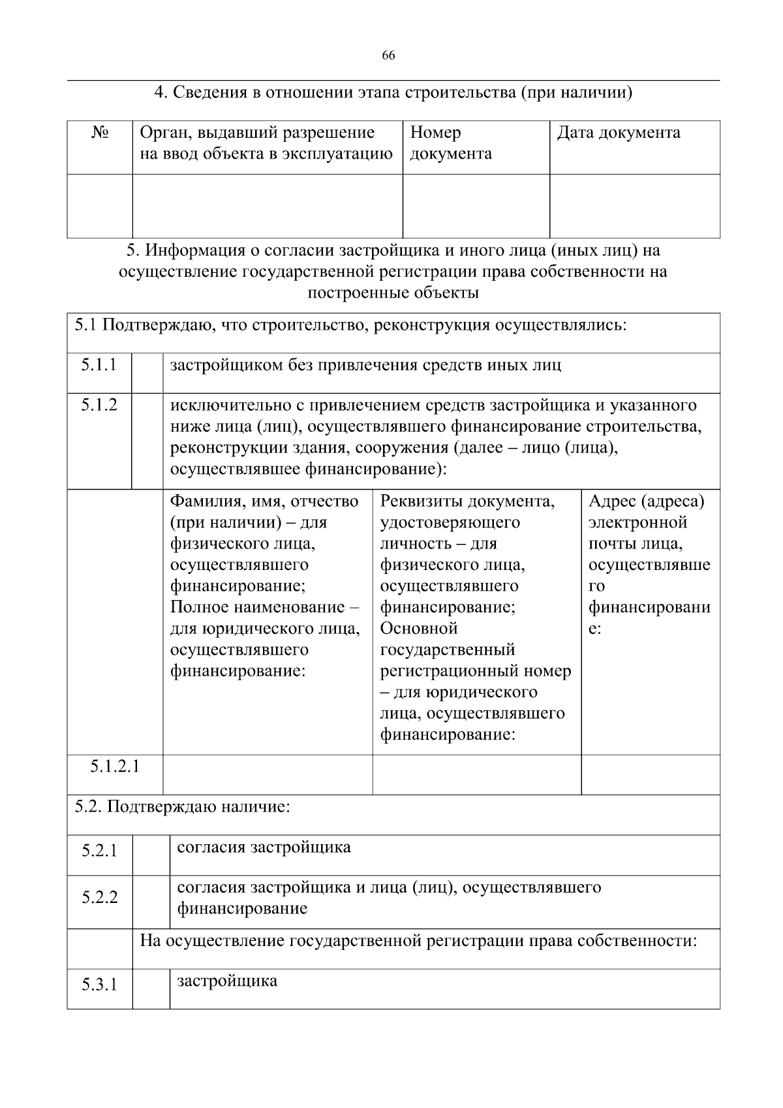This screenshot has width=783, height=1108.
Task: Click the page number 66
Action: (388, 55)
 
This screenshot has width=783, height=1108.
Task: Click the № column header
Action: (100, 133)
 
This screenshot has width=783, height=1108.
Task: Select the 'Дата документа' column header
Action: (618, 133)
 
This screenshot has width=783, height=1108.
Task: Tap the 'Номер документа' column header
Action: (450, 143)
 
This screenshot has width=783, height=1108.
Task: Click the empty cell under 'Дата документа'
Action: (634, 206)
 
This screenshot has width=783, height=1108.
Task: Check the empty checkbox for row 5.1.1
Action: (147, 373)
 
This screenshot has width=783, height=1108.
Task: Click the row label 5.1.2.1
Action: (115, 765)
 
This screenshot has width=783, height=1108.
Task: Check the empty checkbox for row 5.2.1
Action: (151, 855)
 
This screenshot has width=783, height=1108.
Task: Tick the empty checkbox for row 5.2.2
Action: (151, 902)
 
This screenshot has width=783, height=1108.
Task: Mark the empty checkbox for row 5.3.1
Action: (151, 989)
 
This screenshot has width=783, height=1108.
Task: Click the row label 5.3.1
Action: (99, 984)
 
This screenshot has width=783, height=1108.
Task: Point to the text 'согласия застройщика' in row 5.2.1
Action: (264, 847)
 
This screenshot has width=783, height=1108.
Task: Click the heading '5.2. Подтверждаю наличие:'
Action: (182, 807)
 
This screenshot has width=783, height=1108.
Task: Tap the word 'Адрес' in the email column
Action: (611, 501)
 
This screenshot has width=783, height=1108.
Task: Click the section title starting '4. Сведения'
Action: (393, 93)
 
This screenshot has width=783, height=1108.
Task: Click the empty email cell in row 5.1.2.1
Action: (650, 774)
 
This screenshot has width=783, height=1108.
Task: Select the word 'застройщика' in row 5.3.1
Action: (227, 981)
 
